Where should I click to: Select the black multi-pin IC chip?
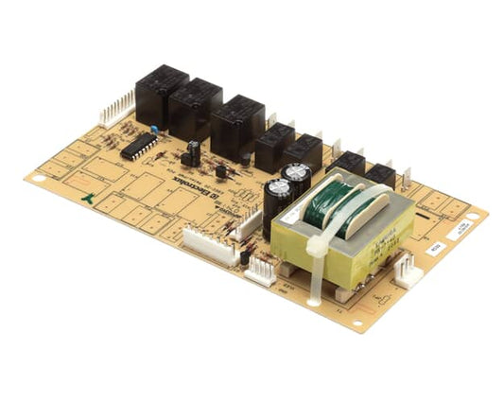click(139, 146)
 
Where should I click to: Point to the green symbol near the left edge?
click(88, 199)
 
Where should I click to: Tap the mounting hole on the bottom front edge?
click(356, 322)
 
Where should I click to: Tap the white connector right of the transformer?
click(408, 271)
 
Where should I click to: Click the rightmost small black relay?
click(381, 175)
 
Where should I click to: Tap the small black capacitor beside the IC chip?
click(194, 151)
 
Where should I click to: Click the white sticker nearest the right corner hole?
click(456, 232)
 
